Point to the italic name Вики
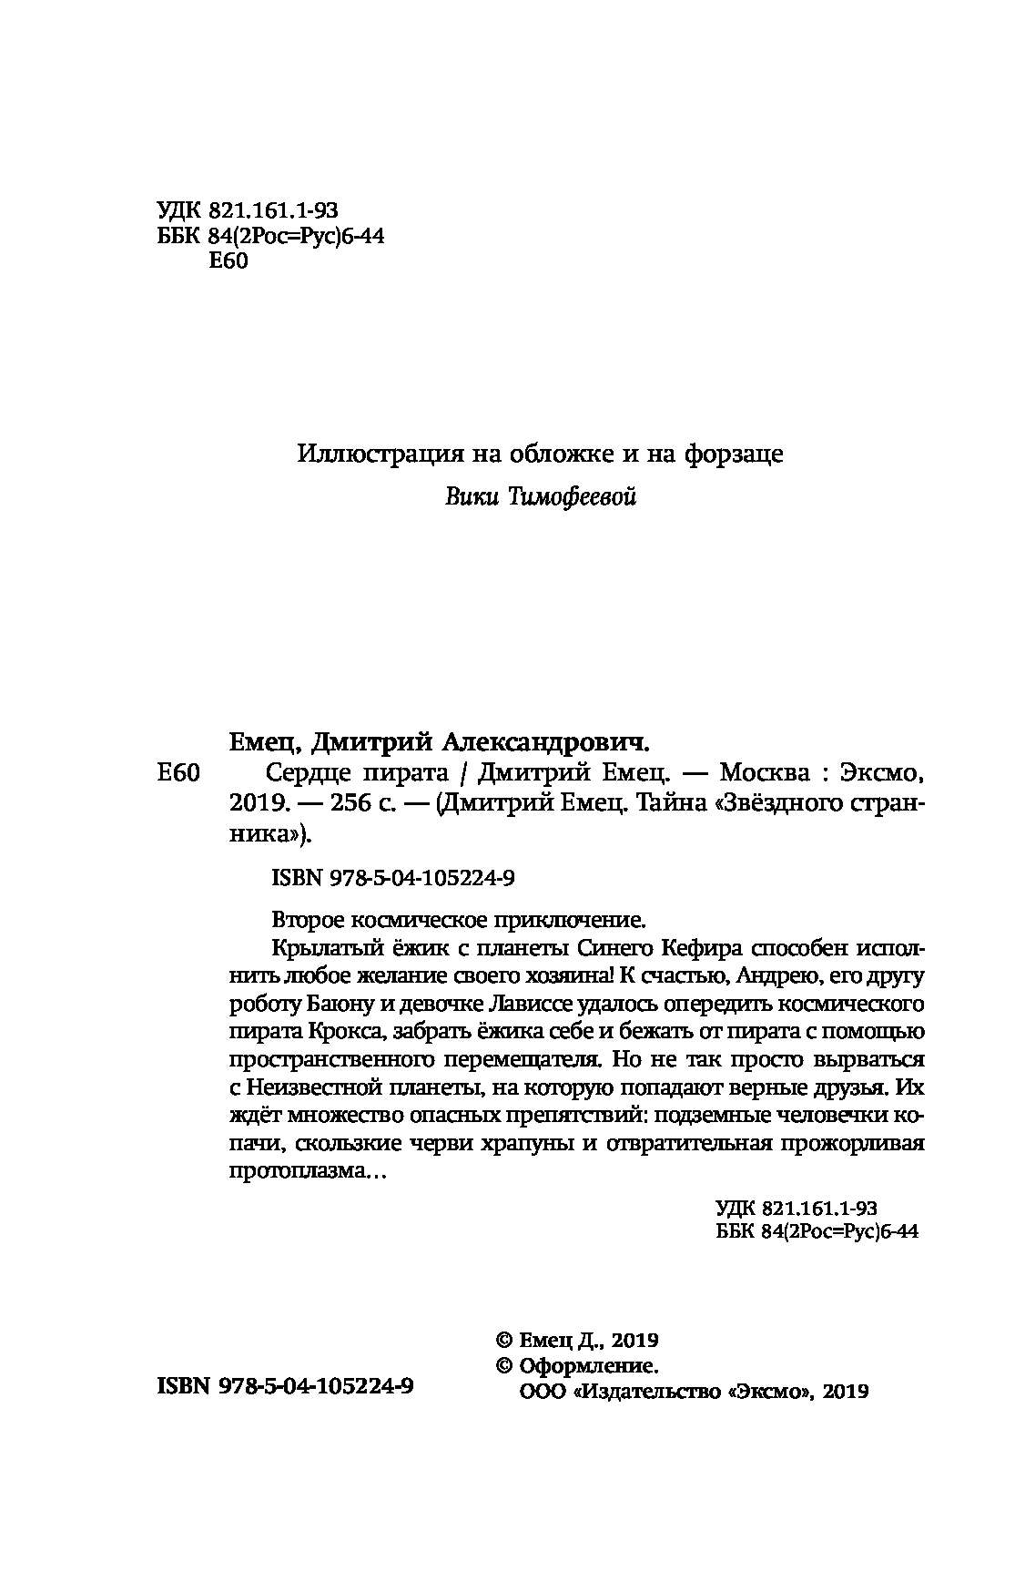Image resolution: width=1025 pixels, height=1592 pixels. [471, 497]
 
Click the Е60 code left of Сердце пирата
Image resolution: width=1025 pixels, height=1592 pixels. [178, 774]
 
